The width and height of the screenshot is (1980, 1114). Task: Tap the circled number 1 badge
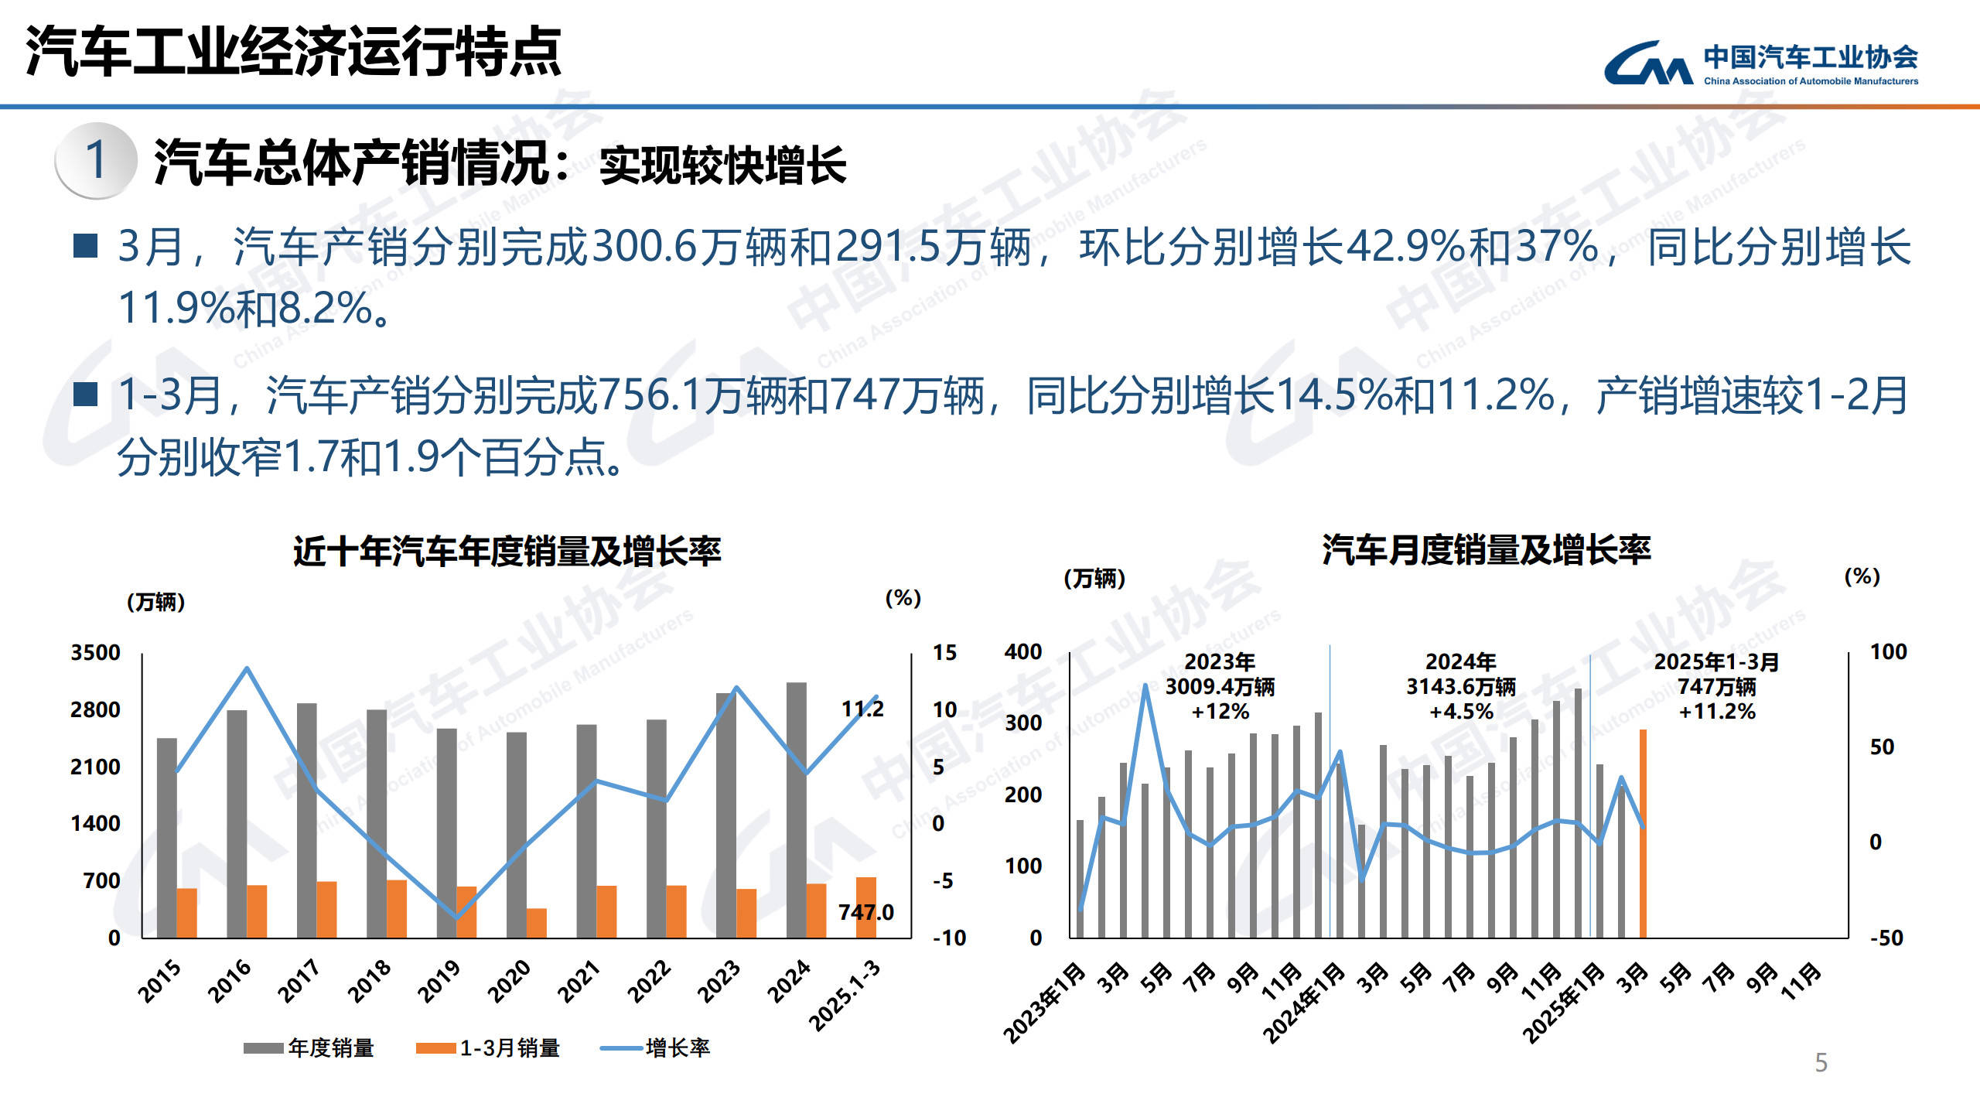coord(96,160)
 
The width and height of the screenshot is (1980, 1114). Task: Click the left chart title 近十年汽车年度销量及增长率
coord(507,552)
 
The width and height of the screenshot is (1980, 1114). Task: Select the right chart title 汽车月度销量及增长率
coord(1486,550)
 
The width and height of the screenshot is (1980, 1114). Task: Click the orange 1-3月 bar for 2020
coord(536,923)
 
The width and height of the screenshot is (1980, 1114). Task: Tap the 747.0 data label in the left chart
coord(865,913)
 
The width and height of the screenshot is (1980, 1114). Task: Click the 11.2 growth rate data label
coord(862,709)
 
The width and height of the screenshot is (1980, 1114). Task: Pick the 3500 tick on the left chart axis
coord(95,652)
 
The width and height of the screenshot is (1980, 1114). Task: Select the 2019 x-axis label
coord(439,981)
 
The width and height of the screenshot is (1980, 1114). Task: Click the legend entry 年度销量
coord(309,1048)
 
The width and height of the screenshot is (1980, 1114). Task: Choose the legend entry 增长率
coord(655,1048)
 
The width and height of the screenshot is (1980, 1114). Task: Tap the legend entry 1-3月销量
coord(488,1048)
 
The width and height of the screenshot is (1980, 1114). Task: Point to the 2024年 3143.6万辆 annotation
coord(1460,686)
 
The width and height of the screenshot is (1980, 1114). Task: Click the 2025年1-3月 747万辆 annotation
coord(1716,686)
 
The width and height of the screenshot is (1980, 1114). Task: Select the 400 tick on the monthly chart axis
coord(1022,652)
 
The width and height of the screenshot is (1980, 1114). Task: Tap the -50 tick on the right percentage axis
coord(1886,938)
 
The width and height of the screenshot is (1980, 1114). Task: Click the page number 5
coord(1821,1062)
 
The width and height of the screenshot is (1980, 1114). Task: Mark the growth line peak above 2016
coord(247,668)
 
